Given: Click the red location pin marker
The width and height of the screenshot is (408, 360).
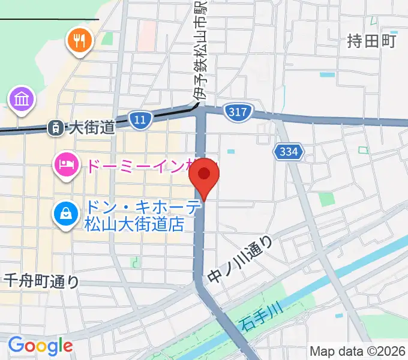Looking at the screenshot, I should coord(204,175).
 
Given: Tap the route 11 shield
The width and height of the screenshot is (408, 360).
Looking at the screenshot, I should coord(140,120).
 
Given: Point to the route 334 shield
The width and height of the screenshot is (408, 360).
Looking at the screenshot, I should coord(287,152).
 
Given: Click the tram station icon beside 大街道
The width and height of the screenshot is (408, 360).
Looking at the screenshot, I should coord(55,127).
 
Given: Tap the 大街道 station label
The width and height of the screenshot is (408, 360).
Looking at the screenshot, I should coord(91,127).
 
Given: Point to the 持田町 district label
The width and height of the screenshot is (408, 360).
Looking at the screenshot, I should coord(372,41).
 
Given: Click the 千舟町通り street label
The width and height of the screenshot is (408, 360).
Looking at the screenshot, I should coord(41,280).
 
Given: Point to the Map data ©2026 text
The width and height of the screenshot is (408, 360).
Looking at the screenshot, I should coord(358,351).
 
